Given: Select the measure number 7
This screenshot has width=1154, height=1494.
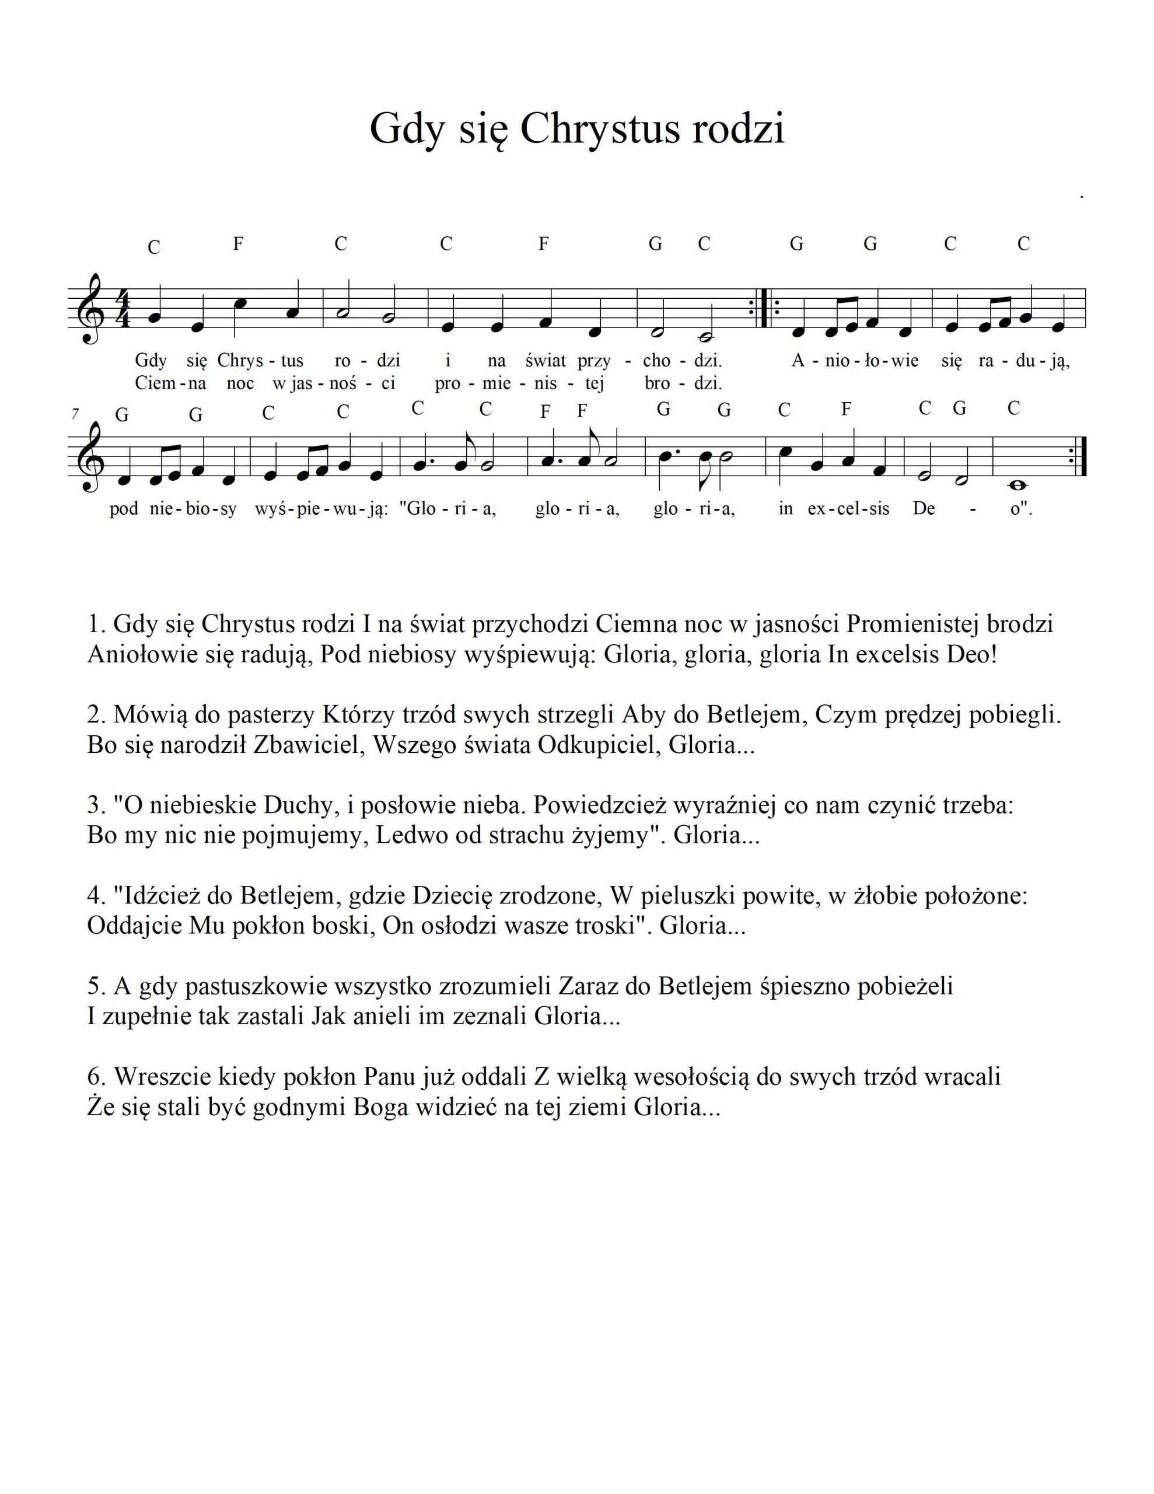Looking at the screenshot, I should tap(75, 414).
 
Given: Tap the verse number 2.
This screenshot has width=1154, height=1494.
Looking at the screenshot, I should tap(95, 715).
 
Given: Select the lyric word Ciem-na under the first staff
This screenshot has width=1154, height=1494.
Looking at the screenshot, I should tap(170, 383).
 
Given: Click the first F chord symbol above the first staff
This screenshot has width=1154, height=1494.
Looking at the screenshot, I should tap(238, 243).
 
